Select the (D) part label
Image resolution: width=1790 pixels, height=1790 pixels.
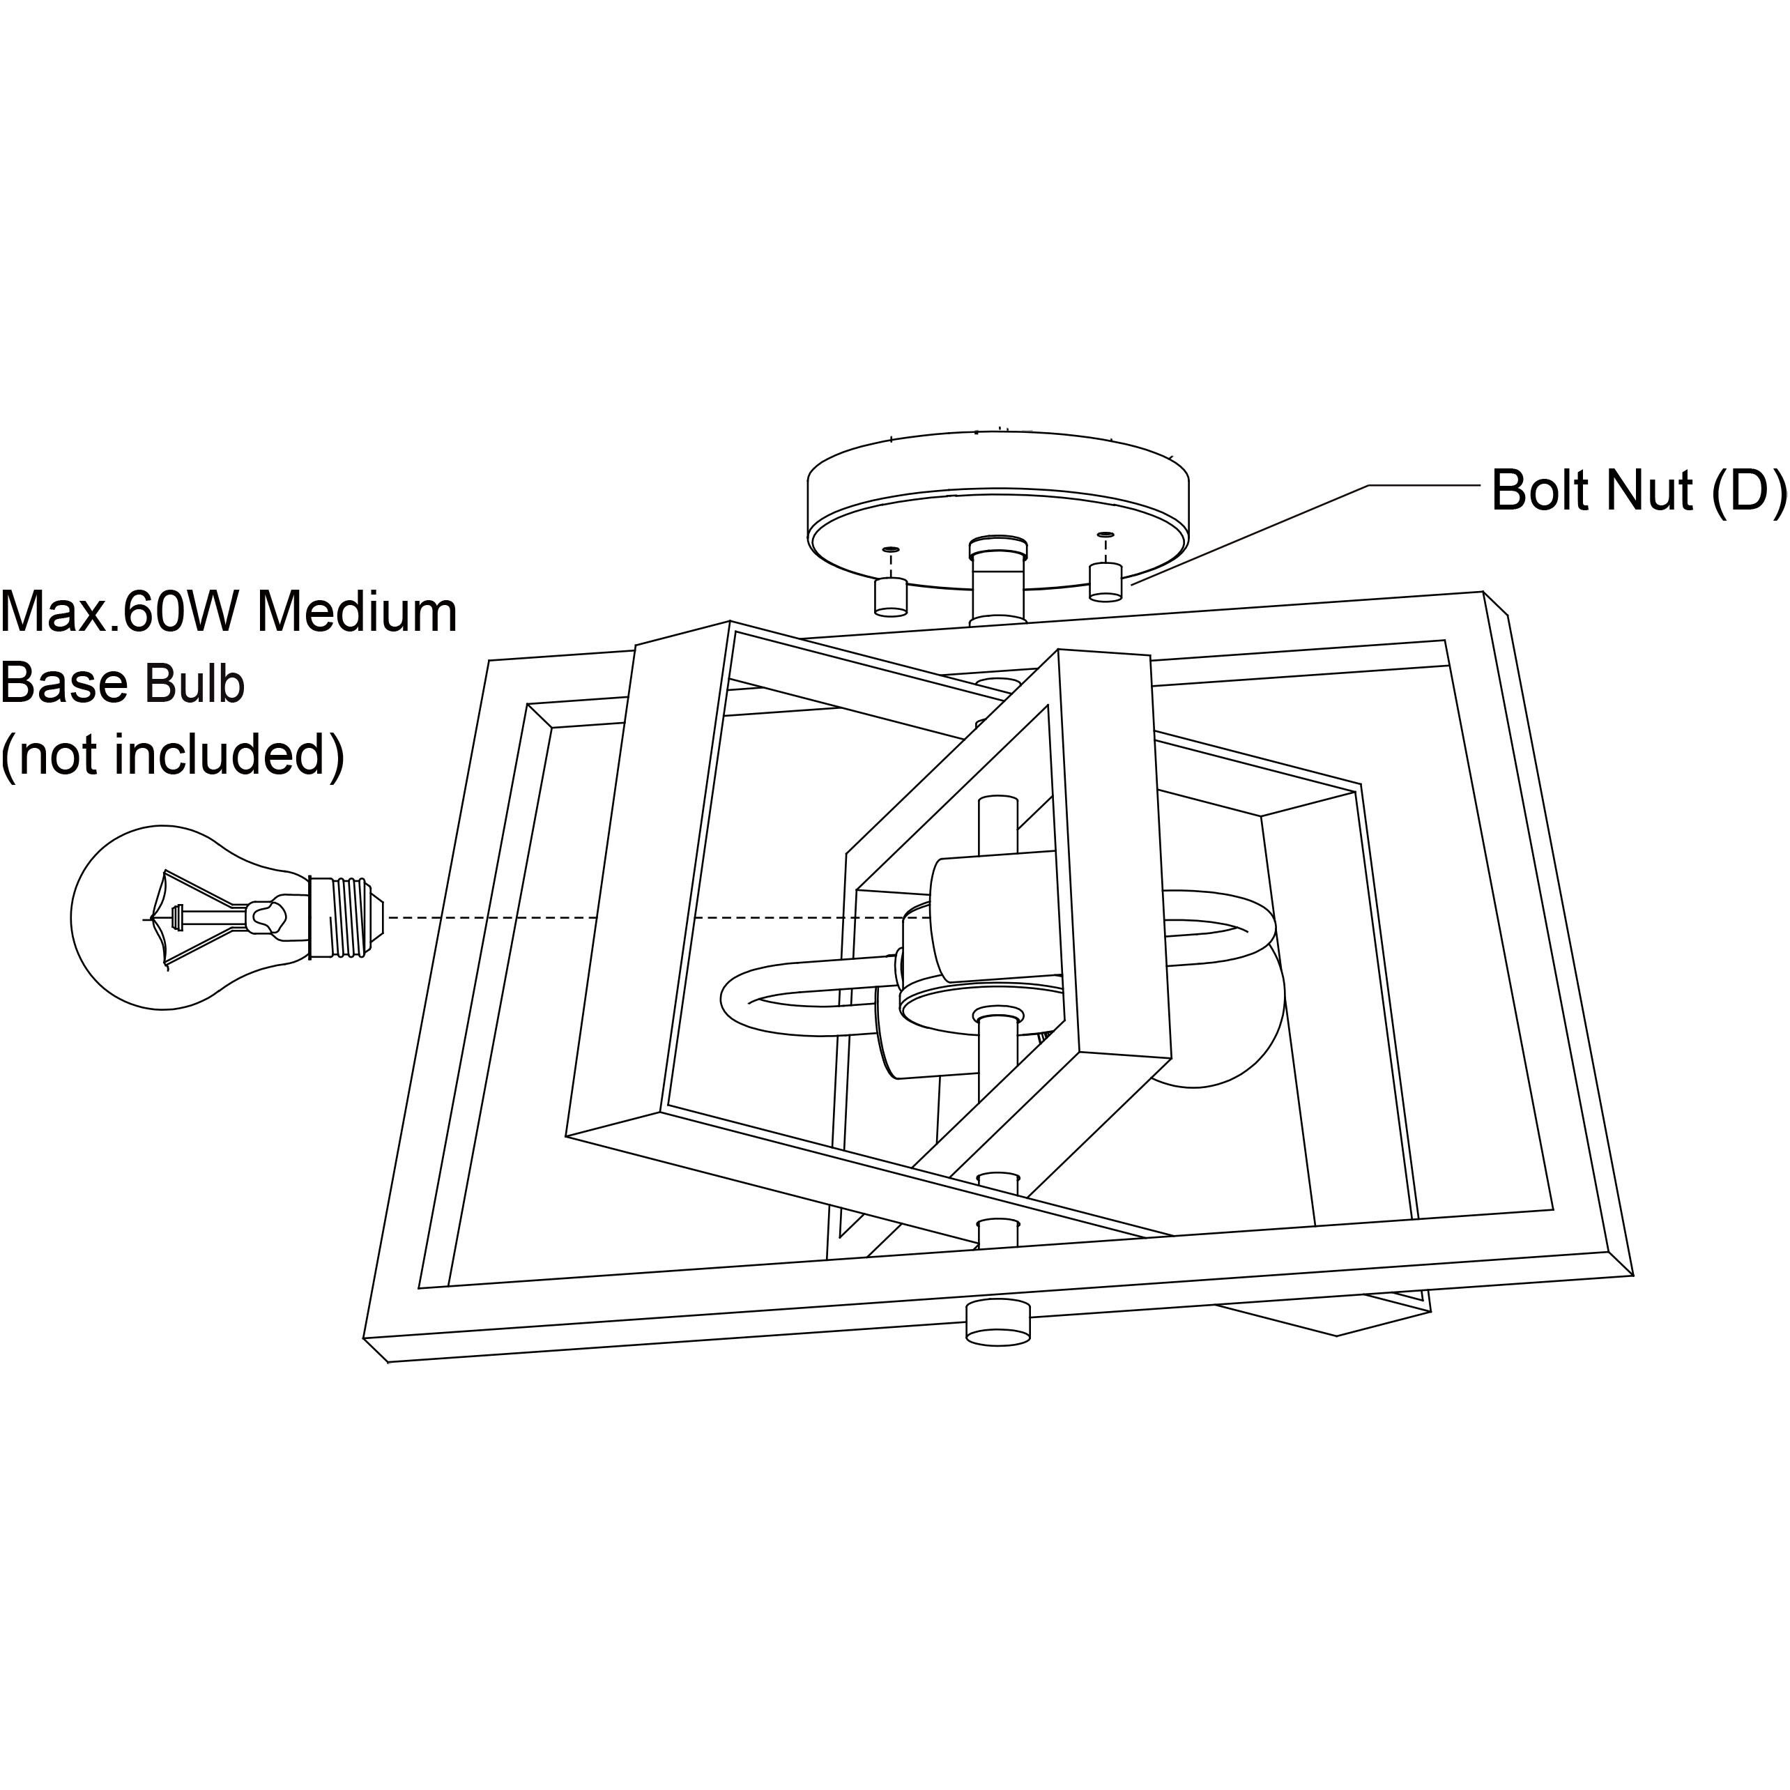[1747, 490]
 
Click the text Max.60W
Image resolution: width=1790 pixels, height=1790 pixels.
[121, 613]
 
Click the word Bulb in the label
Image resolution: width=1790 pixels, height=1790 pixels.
[194, 684]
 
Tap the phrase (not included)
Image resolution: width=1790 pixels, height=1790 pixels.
[172, 755]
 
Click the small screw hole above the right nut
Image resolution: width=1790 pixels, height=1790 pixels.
[1106, 535]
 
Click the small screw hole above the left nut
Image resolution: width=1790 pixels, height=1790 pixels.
[890, 549]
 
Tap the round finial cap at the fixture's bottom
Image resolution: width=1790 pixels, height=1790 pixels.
[998, 1322]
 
